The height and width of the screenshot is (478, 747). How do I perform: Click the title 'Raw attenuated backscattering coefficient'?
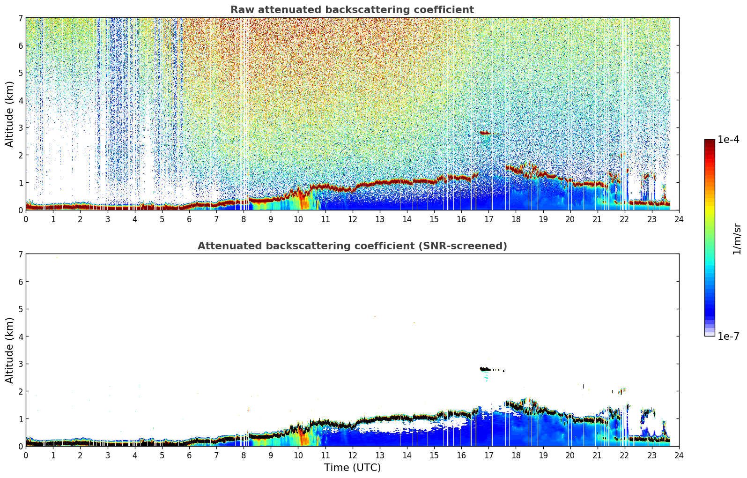click(x=352, y=10)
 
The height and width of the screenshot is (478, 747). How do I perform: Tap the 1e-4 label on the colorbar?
click(x=728, y=140)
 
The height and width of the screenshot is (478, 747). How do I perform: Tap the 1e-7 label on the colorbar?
click(x=728, y=336)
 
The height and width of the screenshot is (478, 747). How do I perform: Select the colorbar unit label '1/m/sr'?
click(x=737, y=239)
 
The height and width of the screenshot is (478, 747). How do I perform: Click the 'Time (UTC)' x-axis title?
click(x=352, y=467)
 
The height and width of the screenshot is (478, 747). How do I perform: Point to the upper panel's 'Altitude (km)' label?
click(x=10, y=114)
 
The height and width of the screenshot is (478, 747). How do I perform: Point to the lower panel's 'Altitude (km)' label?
click(x=10, y=350)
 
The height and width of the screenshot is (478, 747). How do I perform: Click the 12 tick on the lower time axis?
click(x=352, y=455)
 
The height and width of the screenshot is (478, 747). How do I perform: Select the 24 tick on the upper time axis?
click(x=679, y=219)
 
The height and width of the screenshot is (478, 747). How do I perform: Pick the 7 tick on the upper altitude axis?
click(x=20, y=18)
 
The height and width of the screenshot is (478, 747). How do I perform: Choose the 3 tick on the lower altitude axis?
click(x=20, y=364)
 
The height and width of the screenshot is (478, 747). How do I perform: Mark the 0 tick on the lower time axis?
click(x=26, y=455)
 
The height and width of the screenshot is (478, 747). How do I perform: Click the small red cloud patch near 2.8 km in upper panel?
click(x=485, y=133)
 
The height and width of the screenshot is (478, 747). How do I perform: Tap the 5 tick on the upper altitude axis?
click(x=20, y=73)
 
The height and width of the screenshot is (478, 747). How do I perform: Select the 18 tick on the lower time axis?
click(x=516, y=455)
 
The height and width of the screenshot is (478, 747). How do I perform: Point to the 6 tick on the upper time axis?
click(x=189, y=219)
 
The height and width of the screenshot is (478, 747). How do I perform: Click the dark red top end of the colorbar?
click(x=709, y=141)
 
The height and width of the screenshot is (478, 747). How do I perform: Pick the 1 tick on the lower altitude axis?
click(x=20, y=418)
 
